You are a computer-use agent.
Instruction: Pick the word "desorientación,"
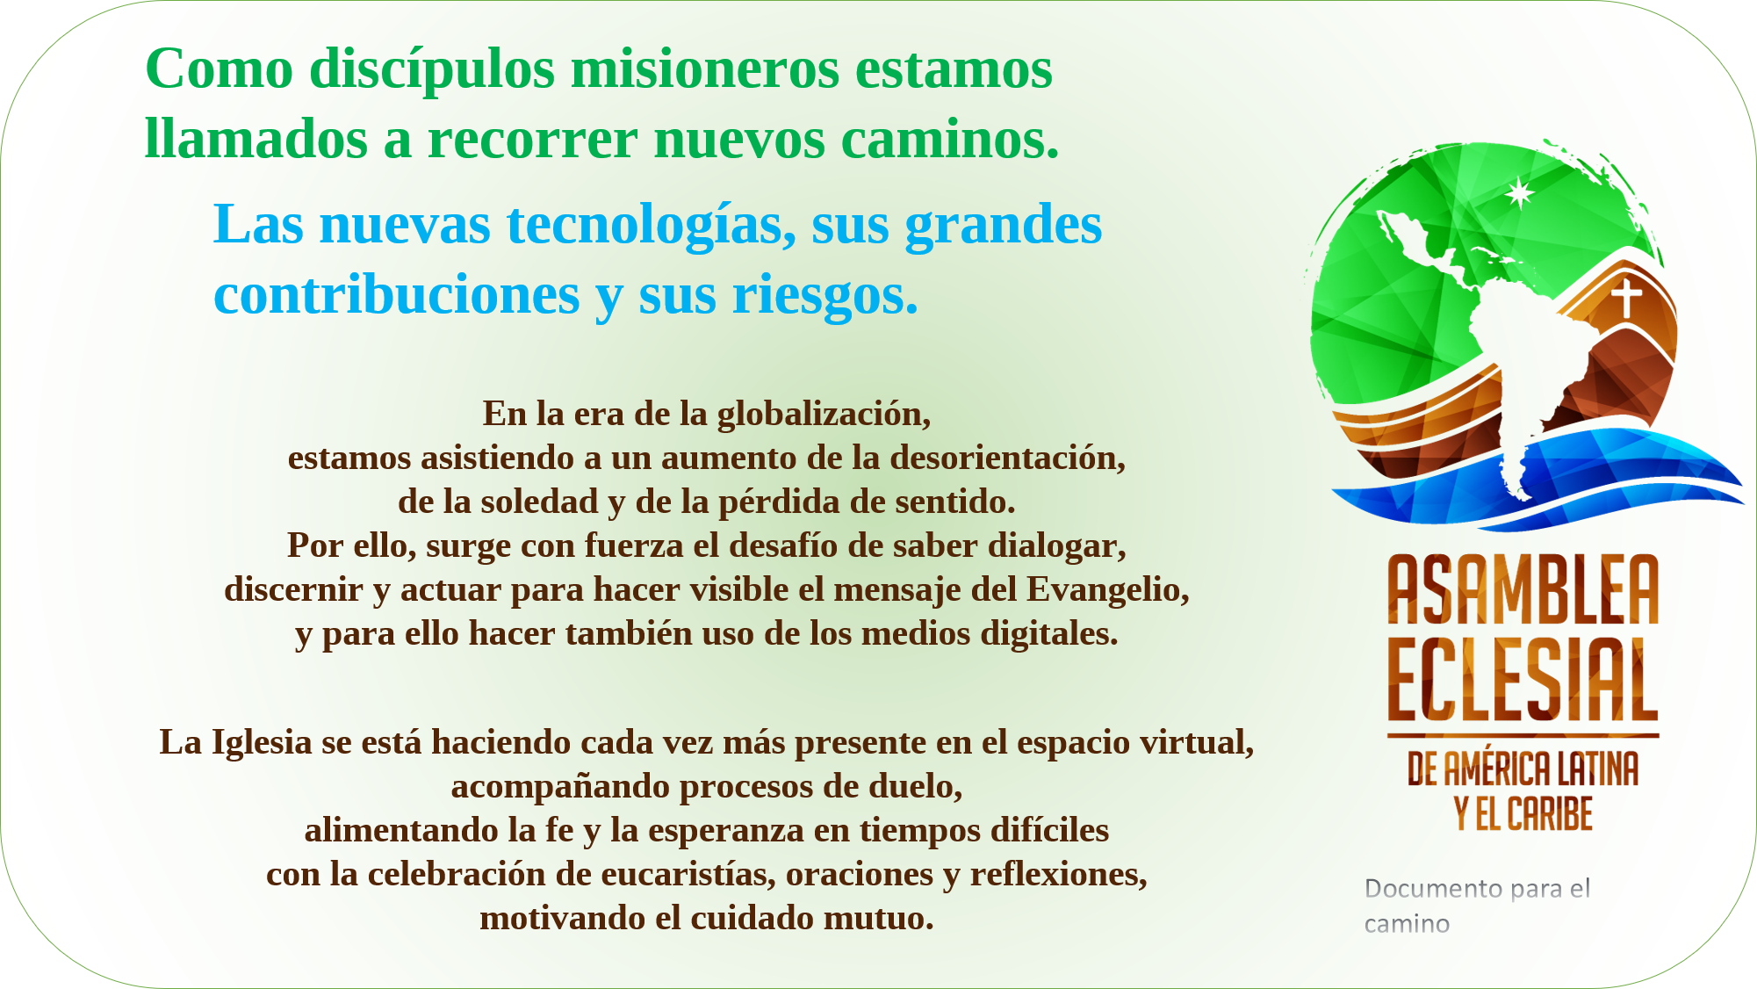coord(1008,458)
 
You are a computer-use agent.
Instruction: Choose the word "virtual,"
coord(1197,743)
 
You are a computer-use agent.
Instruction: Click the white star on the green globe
coord(1520,193)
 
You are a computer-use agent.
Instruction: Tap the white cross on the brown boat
coord(1626,298)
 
